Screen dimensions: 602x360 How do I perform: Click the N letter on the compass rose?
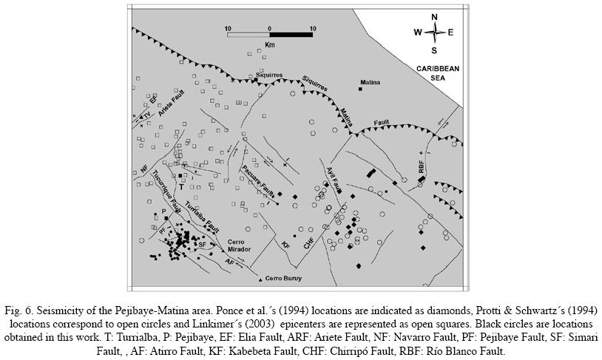coord(435,17)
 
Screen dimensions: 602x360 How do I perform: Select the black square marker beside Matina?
coord(360,89)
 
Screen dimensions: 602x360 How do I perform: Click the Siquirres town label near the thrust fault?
coord(269,75)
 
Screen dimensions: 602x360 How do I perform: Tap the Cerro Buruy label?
coord(284,279)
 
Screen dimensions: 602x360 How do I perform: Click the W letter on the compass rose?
coord(418,32)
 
